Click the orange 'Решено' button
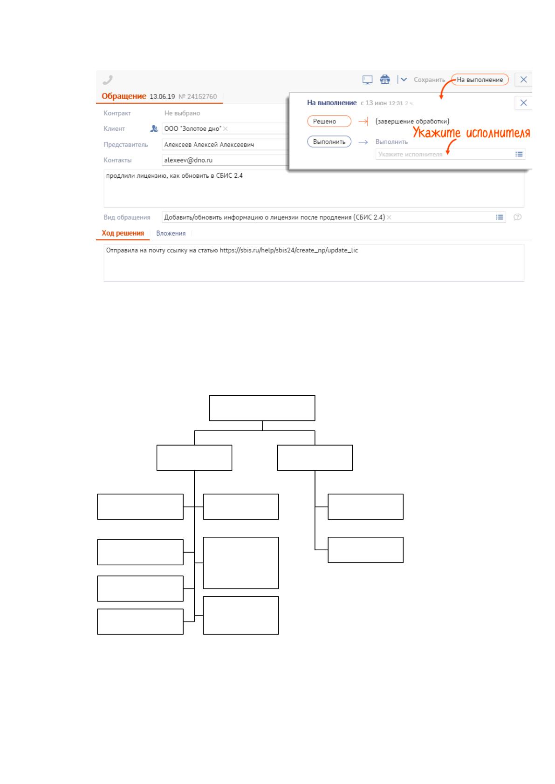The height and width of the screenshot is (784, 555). coord(329,121)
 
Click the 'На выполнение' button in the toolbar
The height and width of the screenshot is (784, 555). coord(480,80)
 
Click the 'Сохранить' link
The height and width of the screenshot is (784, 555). coord(429,80)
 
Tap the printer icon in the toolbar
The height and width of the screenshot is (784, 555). coord(385,80)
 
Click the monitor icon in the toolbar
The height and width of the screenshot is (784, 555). coord(367,80)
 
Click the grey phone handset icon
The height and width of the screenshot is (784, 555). coord(108,80)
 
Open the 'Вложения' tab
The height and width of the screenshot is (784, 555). coord(171,233)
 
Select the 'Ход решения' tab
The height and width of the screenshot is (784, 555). coord(123,233)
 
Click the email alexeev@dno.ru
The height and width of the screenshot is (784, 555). coord(188,160)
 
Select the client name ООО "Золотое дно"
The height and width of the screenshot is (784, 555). coord(193,128)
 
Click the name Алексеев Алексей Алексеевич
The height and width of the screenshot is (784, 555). coord(209,144)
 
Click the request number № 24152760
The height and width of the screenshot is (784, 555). coord(198,96)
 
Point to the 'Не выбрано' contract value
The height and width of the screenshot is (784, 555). coord(182,113)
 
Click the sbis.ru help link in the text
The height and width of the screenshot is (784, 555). coord(289,250)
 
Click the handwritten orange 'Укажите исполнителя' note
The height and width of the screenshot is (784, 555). coord(471,133)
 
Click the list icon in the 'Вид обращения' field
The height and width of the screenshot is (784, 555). coord(499,217)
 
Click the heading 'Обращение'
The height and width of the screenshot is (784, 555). coord(123,96)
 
